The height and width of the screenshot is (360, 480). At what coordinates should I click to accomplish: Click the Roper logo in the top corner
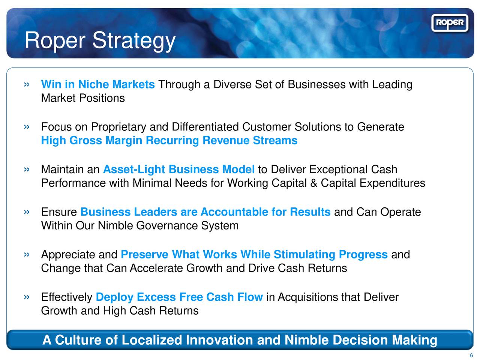[450, 23]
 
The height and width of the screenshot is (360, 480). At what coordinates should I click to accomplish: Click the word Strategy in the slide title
[134, 40]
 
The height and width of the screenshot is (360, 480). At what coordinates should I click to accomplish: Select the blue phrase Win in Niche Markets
[98, 85]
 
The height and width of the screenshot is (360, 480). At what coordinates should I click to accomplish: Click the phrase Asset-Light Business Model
[179, 169]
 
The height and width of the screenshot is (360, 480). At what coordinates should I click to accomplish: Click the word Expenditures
[392, 183]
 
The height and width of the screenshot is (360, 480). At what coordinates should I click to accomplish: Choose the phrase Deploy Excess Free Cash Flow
[179, 297]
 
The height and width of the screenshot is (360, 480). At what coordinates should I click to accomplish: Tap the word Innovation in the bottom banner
[219, 340]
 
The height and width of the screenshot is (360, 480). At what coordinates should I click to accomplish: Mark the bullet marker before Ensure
[27, 212]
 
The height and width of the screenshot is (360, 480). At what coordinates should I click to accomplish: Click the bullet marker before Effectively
[27, 297]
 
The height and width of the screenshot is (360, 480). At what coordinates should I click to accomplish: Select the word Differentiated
[205, 127]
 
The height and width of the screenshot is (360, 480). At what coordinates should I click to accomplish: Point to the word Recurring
[172, 141]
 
